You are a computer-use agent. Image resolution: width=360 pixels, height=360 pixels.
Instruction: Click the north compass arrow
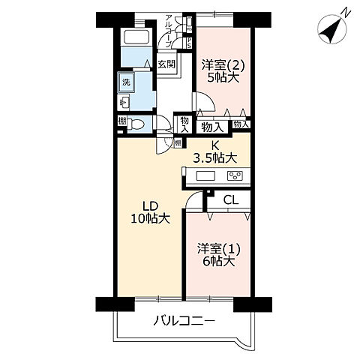click(x=331, y=28)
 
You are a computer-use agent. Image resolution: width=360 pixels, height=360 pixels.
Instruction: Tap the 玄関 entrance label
click(x=166, y=64)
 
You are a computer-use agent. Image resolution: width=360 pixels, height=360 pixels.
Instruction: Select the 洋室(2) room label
click(x=223, y=64)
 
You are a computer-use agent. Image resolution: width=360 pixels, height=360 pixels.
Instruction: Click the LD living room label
click(x=151, y=205)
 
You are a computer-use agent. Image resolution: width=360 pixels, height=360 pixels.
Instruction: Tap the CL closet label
click(x=231, y=199)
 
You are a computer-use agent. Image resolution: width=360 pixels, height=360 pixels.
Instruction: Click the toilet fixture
click(x=136, y=124)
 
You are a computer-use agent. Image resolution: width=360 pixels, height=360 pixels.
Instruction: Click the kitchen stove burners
click(x=234, y=176)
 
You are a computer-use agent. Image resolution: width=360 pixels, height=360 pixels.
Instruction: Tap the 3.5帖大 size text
click(x=214, y=158)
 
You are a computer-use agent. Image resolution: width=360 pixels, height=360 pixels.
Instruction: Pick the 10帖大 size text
click(x=151, y=218)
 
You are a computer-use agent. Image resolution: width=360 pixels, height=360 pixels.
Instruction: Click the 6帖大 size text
click(x=218, y=262)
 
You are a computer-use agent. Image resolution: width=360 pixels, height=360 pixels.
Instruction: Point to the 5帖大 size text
click(x=224, y=77)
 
